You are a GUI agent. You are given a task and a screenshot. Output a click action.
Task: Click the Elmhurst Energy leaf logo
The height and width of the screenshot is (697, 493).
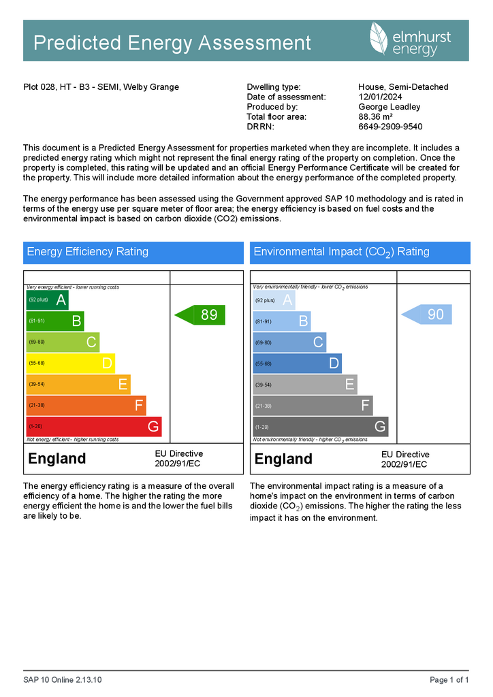[x=379, y=39]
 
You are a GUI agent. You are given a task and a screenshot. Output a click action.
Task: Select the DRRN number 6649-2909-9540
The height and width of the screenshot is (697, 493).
[x=390, y=127]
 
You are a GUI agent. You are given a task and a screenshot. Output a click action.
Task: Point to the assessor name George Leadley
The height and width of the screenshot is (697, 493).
[x=389, y=107]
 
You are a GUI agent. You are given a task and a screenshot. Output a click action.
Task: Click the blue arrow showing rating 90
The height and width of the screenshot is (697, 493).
[x=427, y=314]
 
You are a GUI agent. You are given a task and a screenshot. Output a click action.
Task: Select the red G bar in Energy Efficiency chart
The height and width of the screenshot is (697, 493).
[x=94, y=427]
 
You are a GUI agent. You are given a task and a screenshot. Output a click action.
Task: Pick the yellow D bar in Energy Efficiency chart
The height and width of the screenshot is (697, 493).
[x=71, y=363]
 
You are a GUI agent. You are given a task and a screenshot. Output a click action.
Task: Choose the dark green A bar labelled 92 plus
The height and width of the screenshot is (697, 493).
[x=48, y=299]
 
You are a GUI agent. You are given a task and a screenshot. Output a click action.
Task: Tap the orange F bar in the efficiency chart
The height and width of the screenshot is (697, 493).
[x=86, y=406]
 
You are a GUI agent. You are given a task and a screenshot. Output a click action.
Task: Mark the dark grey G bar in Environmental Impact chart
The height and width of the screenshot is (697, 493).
[x=320, y=427]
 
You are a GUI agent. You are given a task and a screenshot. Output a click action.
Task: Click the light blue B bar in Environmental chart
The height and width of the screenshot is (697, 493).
[x=282, y=321]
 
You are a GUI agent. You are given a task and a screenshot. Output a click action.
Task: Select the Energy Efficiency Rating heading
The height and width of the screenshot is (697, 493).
[x=88, y=252]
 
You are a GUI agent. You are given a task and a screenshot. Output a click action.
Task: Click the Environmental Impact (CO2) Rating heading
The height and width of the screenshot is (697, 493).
[x=341, y=252]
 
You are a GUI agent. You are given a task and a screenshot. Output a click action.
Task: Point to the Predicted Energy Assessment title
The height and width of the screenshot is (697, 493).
[x=172, y=43]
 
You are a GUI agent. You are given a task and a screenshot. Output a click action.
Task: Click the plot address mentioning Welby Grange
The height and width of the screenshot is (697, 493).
[x=101, y=87]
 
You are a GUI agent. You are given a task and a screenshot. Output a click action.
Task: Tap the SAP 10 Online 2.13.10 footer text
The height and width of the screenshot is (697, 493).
[x=63, y=680]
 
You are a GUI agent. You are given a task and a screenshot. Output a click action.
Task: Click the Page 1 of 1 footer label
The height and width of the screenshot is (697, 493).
[x=449, y=680]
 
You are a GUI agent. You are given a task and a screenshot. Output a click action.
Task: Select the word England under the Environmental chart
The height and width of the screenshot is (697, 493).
[x=283, y=459]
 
